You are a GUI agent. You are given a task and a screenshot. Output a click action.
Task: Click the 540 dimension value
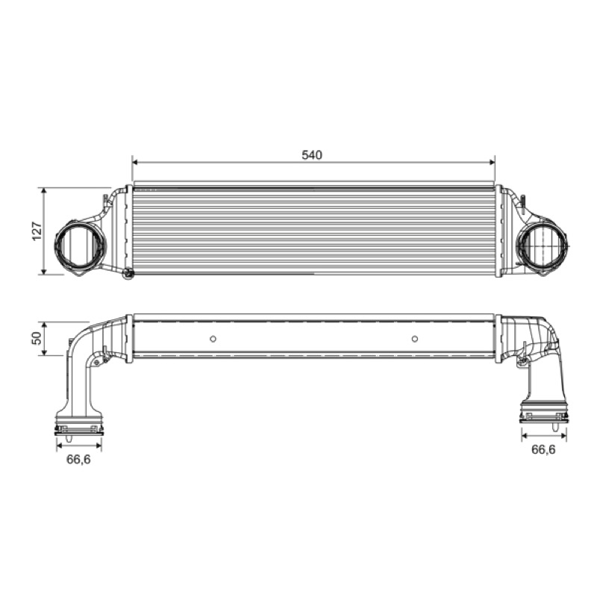coord(312,155)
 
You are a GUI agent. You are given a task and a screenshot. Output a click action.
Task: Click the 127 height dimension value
coord(37,231)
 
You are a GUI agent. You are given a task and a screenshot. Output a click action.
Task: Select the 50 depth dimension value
coord(37,338)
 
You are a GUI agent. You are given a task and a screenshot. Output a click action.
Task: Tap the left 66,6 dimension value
coord(78,460)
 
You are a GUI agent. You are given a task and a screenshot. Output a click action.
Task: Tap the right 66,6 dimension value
coord(543,450)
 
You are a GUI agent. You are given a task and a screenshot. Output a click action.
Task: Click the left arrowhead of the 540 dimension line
coord(135,162)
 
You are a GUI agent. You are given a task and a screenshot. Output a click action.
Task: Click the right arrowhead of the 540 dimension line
coord(492,162)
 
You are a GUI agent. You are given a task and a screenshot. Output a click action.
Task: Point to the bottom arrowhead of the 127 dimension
coord(44,271)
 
